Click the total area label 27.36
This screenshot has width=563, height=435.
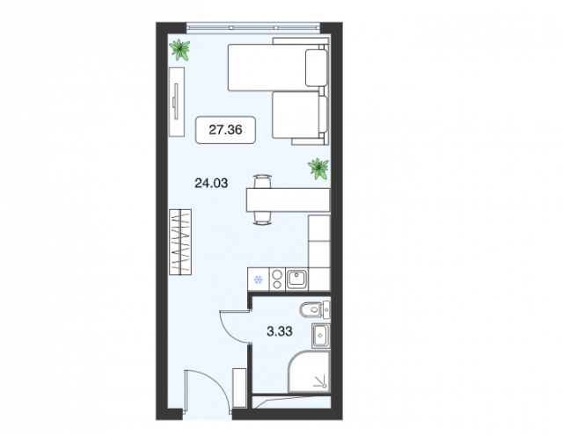coord(225,129)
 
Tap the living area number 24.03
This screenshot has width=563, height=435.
coord(211,184)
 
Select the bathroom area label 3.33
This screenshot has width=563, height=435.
coord(280,331)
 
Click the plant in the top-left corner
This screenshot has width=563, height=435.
coord(179,50)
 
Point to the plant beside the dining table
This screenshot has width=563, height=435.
coord(318,169)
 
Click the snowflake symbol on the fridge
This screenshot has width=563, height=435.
coord(258,279)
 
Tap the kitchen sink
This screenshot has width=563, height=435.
coord(297,279)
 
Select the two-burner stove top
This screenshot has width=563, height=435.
coord(277,279)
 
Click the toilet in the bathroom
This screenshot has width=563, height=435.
coord(315,310)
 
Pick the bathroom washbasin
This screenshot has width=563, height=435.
coord(320,336)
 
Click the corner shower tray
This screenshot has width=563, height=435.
coord(309,372)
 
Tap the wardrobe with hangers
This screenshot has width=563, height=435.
coord(180,242)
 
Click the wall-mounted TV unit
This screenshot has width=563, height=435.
coord(177,102)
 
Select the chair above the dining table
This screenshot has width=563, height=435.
coord(262,181)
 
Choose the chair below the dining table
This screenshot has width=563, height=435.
coord(262,219)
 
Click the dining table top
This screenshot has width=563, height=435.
coord(288,200)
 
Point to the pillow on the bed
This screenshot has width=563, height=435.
coord(317,69)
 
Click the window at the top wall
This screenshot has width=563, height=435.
coord(253,27)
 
